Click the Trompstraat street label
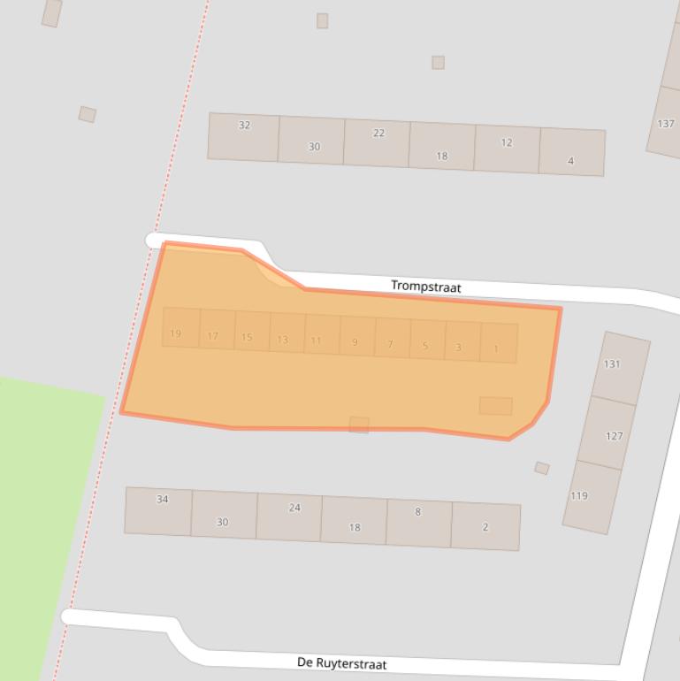click(425, 287)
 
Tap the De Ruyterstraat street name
click(341, 663)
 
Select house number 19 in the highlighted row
click(176, 333)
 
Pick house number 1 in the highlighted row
click(496, 348)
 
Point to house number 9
click(355, 342)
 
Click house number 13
click(282, 339)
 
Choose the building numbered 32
click(244, 126)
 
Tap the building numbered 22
click(378, 134)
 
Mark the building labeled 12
click(507, 142)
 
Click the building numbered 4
click(570, 160)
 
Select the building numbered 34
click(162, 500)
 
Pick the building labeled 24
click(294, 508)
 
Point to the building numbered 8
click(417, 512)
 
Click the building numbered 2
click(485, 527)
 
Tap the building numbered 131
click(612, 364)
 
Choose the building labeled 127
click(614, 435)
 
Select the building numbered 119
click(579, 496)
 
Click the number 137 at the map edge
click(666, 124)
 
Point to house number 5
click(425, 346)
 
